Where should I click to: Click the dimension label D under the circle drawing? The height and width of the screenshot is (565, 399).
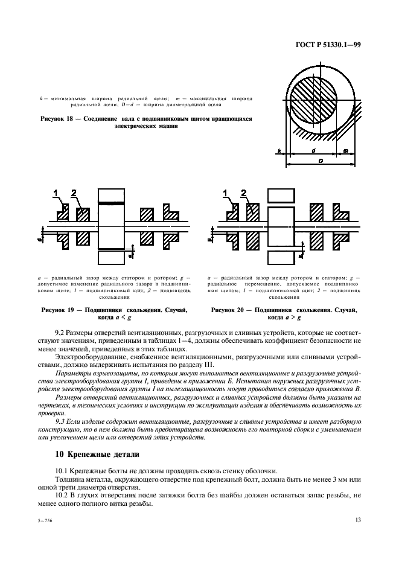pos(320,160)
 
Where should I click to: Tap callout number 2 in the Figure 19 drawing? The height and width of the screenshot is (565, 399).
pos(74,194)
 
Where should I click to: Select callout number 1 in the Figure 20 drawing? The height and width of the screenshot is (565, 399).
pos(227,194)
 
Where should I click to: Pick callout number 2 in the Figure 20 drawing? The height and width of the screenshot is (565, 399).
pos(244,194)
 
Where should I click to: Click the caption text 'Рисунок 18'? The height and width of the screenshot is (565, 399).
pos(60,119)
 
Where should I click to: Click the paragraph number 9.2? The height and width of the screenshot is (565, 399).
pos(60,332)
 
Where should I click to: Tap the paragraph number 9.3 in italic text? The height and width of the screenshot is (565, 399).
pos(60,420)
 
